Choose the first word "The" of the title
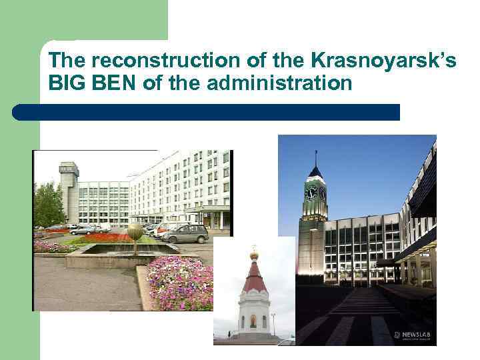point(67,61)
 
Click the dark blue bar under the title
point(207,112)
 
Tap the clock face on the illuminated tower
point(311,193)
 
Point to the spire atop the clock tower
point(315,159)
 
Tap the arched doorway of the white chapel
point(253,322)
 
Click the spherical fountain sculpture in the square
point(135,233)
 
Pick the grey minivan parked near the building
point(186,234)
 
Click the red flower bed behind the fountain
point(107,237)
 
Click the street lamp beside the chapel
point(273,323)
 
